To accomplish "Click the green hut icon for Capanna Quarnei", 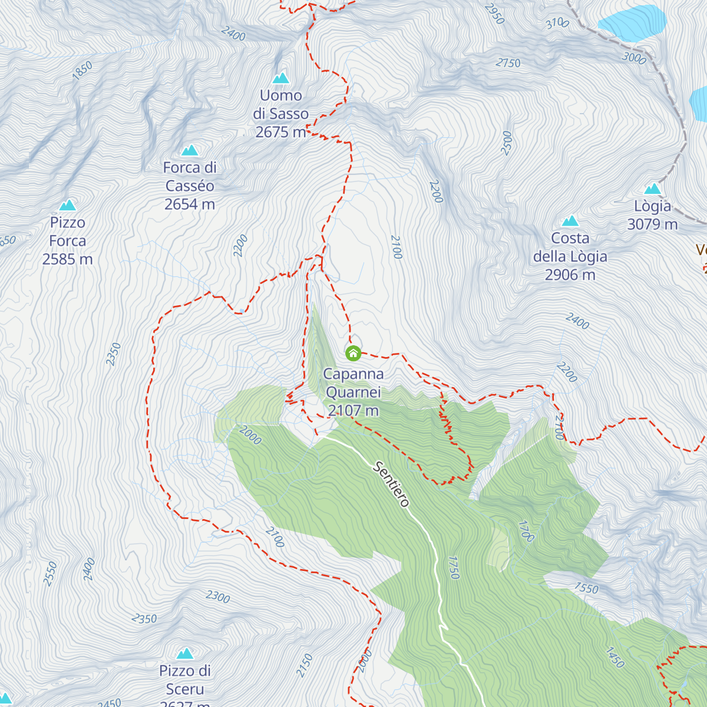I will [x=353, y=353].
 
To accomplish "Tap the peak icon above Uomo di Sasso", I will [x=281, y=78].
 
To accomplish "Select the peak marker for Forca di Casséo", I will [x=190, y=150].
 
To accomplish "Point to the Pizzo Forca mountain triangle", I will [x=68, y=205].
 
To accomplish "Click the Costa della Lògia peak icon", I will [x=570, y=221].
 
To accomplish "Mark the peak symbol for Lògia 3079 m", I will [x=652, y=189].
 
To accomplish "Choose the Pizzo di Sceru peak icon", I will [x=185, y=653].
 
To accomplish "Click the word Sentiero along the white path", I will [x=391, y=484].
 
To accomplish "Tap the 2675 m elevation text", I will [x=280, y=132].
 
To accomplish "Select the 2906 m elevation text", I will [x=570, y=275].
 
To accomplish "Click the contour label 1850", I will [x=82, y=70].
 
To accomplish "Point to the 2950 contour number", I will [x=495, y=14].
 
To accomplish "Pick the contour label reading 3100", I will [x=557, y=24].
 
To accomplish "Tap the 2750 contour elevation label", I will [x=508, y=63].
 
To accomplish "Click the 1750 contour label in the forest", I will [x=453, y=567].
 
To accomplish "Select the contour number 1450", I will [x=614, y=658].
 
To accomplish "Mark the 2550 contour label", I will [x=51, y=573].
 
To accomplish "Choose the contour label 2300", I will [x=217, y=597].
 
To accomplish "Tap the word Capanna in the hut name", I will [x=353, y=374].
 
